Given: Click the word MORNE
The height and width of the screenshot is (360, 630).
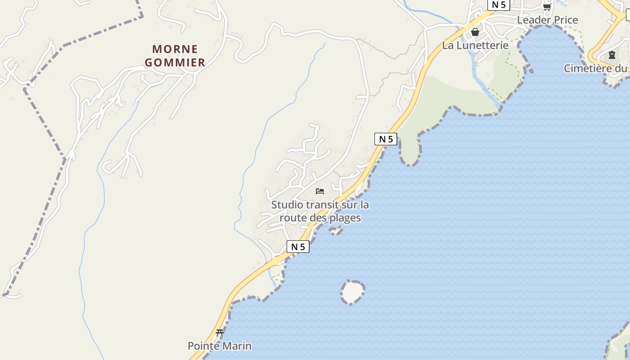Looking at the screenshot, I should (x=175, y=49).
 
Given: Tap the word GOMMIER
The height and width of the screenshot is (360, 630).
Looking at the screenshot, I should (x=175, y=63).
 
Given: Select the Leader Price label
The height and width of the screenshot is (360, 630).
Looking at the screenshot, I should (x=547, y=20).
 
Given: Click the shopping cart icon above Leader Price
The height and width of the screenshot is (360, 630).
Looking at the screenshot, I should (x=547, y=6).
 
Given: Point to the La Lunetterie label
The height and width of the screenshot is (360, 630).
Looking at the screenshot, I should (x=475, y=45).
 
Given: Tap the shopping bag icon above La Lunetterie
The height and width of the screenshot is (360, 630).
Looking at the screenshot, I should (x=475, y=32).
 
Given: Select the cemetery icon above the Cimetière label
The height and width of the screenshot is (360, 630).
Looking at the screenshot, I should (x=612, y=55).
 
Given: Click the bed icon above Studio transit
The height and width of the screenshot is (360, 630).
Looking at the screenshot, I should (x=320, y=191).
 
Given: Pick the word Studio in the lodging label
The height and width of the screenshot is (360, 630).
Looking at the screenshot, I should (x=287, y=205).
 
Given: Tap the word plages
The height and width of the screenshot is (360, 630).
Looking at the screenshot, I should (x=345, y=218).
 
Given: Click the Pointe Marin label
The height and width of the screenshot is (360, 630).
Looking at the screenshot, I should (x=220, y=346).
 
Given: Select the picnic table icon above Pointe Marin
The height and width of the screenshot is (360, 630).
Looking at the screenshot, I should (x=220, y=333).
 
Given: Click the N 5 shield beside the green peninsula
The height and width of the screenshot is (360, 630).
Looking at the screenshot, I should (x=386, y=139).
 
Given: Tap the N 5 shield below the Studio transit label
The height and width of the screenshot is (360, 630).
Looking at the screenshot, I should (x=298, y=247).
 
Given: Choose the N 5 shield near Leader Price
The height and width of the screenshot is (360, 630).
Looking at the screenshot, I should (x=498, y=4).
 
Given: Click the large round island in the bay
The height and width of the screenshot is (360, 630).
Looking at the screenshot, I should (x=352, y=292).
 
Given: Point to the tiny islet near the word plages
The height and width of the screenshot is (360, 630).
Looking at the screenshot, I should (x=336, y=231).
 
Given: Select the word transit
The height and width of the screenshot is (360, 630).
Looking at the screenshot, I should (x=322, y=205).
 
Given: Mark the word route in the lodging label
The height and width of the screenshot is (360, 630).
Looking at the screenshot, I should (x=293, y=218).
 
